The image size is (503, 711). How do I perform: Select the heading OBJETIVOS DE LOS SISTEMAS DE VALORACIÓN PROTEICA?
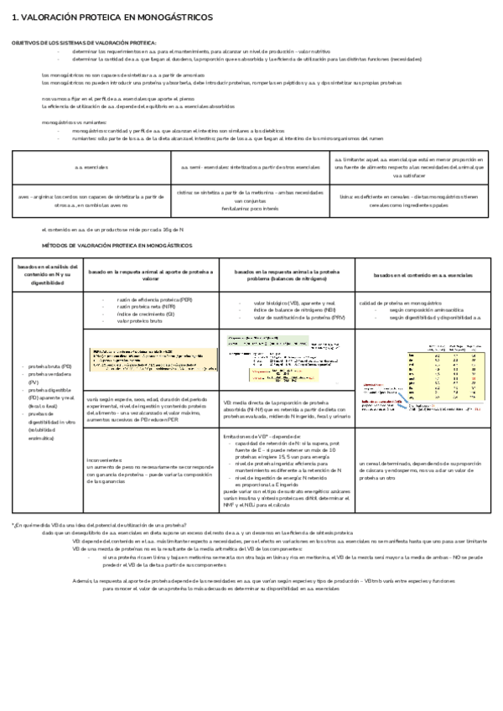point(84,42)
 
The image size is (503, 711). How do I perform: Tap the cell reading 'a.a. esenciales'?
point(90,167)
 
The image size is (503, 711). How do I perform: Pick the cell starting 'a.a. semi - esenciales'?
point(251,167)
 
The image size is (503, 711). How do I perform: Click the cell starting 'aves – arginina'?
point(90,202)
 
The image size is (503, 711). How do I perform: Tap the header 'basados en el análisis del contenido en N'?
point(47,273)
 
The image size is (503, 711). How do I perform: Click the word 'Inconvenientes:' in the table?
point(106,459)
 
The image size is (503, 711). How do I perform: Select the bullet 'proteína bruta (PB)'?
point(49,366)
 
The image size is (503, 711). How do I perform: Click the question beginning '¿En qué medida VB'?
point(101,524)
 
